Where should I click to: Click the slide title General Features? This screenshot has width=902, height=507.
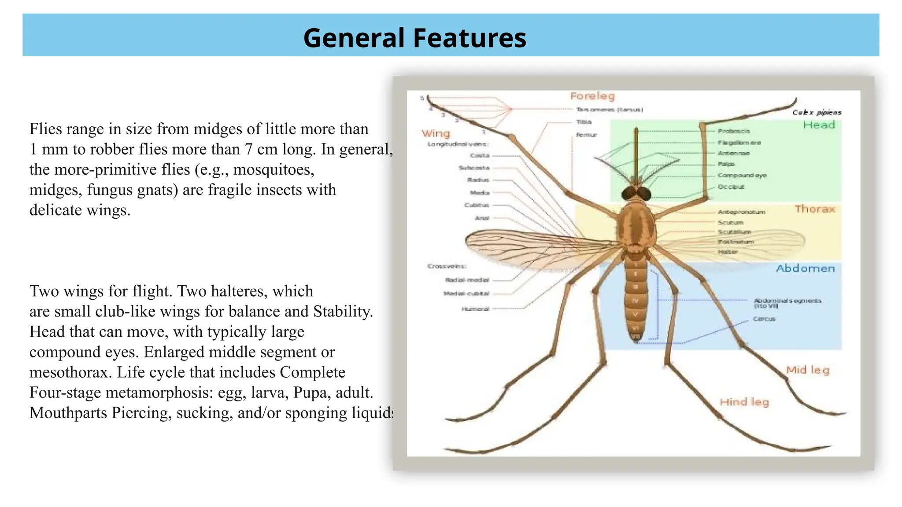point(414,38)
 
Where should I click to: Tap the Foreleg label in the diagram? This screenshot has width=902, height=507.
point(592,96)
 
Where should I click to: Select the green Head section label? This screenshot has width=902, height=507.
point(819,125)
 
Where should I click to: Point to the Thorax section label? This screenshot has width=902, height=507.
point(815,209)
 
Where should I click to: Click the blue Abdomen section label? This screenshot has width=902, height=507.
point(805,268)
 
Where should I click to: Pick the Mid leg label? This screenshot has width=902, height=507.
point(808,370)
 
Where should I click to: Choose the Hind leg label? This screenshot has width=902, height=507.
point(744,402)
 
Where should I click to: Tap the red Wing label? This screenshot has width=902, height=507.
point(436,133)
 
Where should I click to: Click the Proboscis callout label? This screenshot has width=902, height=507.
point(734,131)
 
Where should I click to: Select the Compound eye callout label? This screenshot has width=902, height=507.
point(742,175)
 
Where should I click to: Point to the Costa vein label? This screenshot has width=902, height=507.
point(480,155)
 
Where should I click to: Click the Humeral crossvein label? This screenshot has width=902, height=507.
point(475,309)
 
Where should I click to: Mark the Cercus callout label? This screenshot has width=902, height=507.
point(764,319)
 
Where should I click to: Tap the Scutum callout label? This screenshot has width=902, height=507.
point(730,223)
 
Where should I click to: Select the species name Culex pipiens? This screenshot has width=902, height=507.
point(817,113)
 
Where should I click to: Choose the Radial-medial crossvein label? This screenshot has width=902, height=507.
point(467,280)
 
